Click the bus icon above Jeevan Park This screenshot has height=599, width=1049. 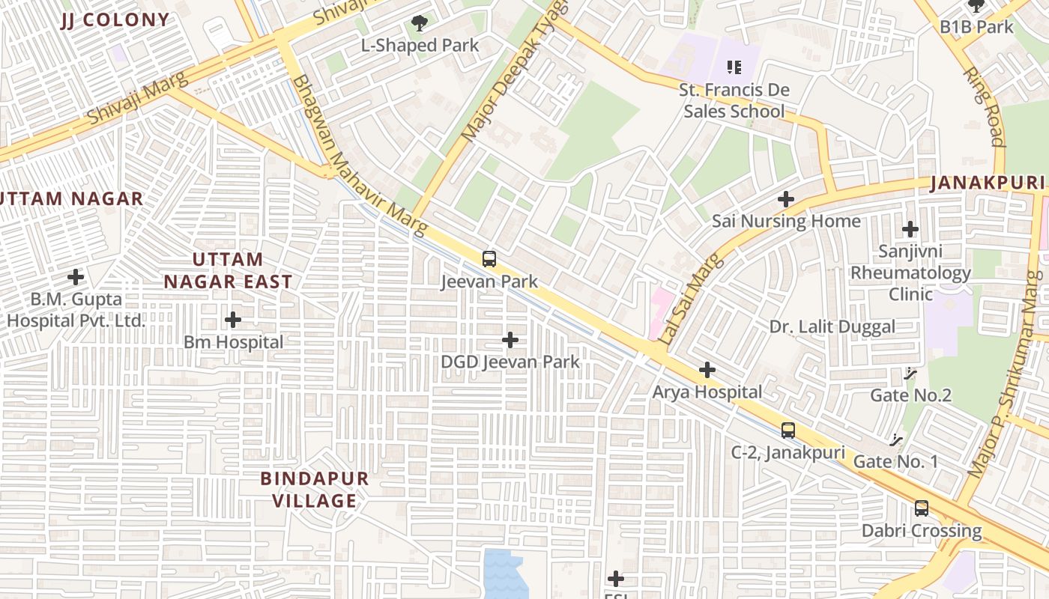(489, 259)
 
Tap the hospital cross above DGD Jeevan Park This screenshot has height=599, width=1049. (510, 341)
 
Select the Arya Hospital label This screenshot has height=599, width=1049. (707, 392)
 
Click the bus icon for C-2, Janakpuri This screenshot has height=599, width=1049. (787, 431)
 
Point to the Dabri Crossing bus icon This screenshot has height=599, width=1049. (922, 508)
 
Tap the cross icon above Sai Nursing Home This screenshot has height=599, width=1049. (785, 199)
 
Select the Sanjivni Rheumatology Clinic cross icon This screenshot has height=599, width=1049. (910, 229)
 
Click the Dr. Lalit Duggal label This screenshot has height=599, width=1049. (832, 327)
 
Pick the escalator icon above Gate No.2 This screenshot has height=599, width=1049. (911, 373)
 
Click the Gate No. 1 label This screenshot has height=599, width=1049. (895, 461)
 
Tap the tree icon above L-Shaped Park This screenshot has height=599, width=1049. (420, 24)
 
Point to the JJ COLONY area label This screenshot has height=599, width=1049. (115, 20)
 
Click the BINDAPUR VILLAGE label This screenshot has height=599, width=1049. (315, 490)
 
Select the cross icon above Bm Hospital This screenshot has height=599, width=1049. (233, 320)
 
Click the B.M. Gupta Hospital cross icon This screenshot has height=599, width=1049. (76, 277)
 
